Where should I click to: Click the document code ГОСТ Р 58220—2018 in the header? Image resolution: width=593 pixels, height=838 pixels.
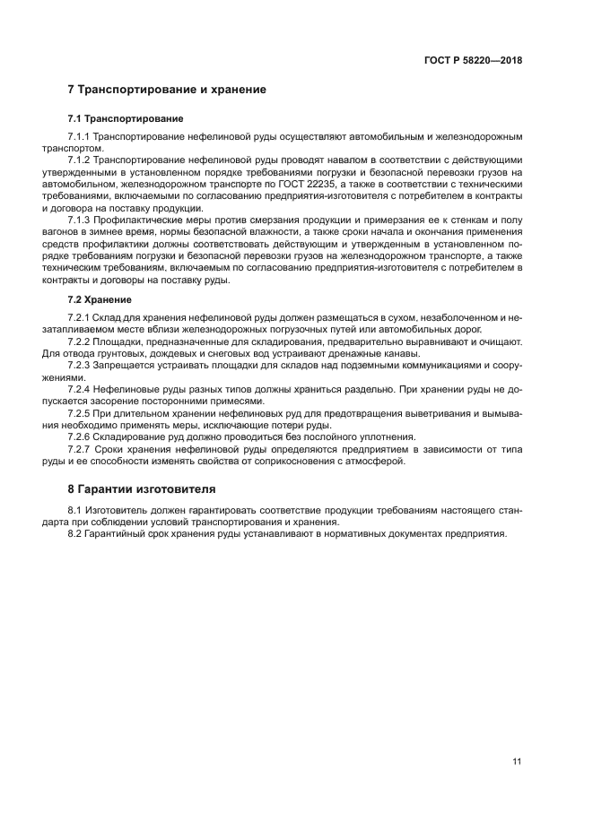473,61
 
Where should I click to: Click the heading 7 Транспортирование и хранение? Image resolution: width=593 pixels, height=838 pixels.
167,90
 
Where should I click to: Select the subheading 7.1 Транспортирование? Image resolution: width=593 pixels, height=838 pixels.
126,118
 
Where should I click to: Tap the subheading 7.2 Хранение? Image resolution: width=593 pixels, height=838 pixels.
100,299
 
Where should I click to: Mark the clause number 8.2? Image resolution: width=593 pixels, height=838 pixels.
77,534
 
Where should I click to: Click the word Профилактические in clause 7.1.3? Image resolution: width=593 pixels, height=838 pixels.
143,220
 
